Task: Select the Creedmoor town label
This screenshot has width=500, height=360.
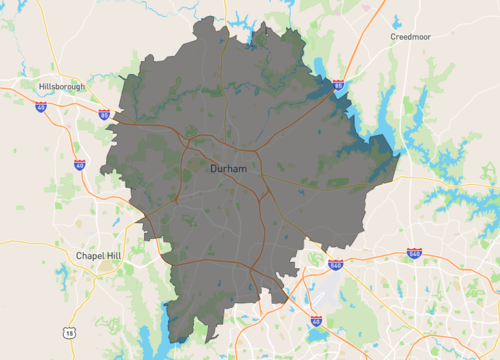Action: click(x=414, y=36)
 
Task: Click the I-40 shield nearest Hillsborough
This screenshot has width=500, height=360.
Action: click(x=39, y=106)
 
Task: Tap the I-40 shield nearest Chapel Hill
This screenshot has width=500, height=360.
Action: click(x=79, y=164)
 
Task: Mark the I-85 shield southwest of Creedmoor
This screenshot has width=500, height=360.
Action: click(x=338, y=87)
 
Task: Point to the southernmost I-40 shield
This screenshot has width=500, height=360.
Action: click(x=315, y=321)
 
